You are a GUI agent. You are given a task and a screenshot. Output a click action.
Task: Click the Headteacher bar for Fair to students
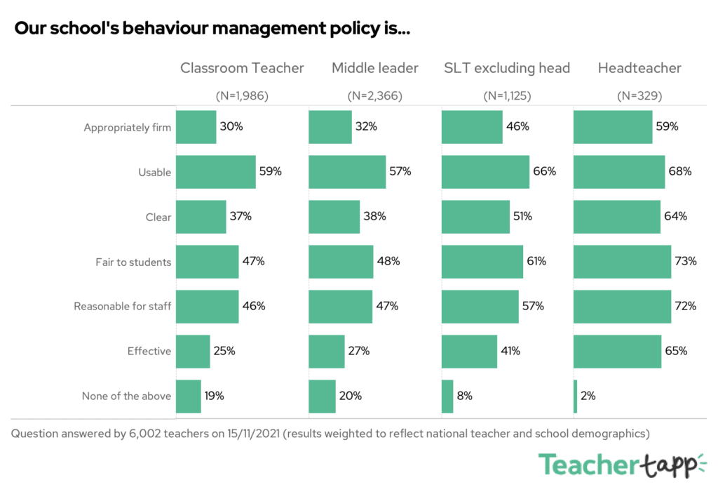[623, 262]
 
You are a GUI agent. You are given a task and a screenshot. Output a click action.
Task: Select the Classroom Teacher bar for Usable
[215, 171]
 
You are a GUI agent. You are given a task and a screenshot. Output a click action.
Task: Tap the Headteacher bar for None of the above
[576, 396]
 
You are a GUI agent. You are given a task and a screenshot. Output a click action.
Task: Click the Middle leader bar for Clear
[334, 217]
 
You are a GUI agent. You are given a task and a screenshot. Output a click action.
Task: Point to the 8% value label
[464, 396]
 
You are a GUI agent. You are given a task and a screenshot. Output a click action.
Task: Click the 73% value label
[686, 262]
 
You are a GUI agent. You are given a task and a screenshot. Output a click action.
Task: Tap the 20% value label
[351, 396]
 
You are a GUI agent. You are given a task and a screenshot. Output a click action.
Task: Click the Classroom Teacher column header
[242, 68]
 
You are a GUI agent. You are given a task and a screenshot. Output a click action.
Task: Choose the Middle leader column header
[375, 68]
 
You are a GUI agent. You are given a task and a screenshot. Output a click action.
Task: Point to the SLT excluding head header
[507, 68]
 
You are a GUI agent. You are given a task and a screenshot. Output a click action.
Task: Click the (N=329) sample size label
[639, 96]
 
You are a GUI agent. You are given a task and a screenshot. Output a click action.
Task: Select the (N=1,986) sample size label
[242, 96]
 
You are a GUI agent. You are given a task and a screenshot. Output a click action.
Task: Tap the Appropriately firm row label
[127, 128]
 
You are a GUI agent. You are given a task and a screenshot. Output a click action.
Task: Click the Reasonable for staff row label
[123, 307]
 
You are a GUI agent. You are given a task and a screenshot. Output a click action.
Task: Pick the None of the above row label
[126, 396]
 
